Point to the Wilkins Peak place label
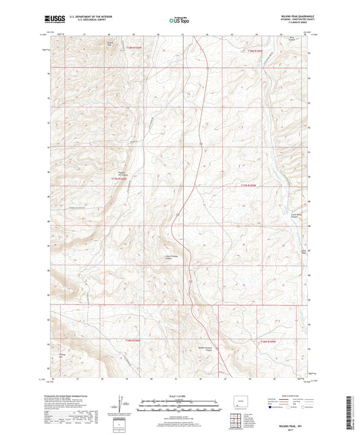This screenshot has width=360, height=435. pyautogui.click(x=110, y=44)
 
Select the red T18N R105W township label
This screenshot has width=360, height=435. pyautogui.click(x=257, y=50)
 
